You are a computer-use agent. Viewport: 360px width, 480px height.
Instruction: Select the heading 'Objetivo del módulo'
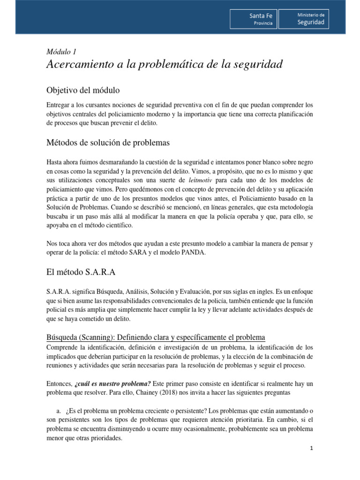coord(85,90)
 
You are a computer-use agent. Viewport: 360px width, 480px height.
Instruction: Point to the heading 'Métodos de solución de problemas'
coord(108,142)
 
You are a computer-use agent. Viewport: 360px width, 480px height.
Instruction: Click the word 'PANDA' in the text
coord(193,253)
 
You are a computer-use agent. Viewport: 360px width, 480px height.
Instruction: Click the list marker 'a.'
coord(60,411)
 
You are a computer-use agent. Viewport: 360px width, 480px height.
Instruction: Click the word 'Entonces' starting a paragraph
coord(59,383)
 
